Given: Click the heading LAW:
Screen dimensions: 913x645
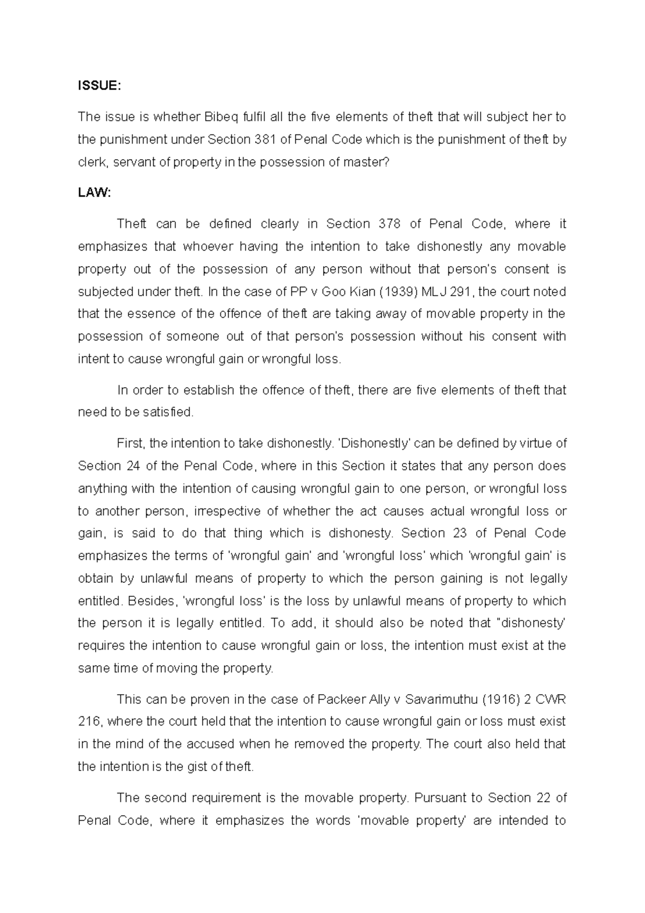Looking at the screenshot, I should tap(94, 193).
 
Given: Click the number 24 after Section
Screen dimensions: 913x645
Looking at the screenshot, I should tap(133, 466).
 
